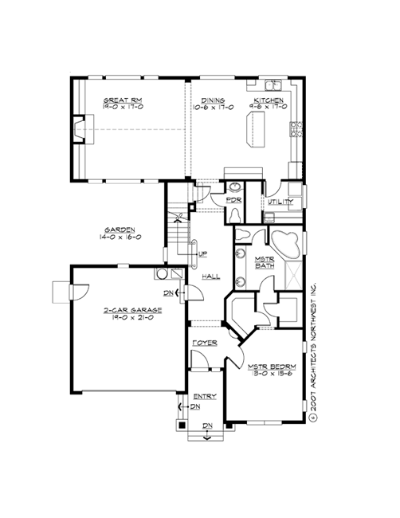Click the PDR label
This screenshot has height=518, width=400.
[234, 200]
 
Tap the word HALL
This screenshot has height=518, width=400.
[211, 277]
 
